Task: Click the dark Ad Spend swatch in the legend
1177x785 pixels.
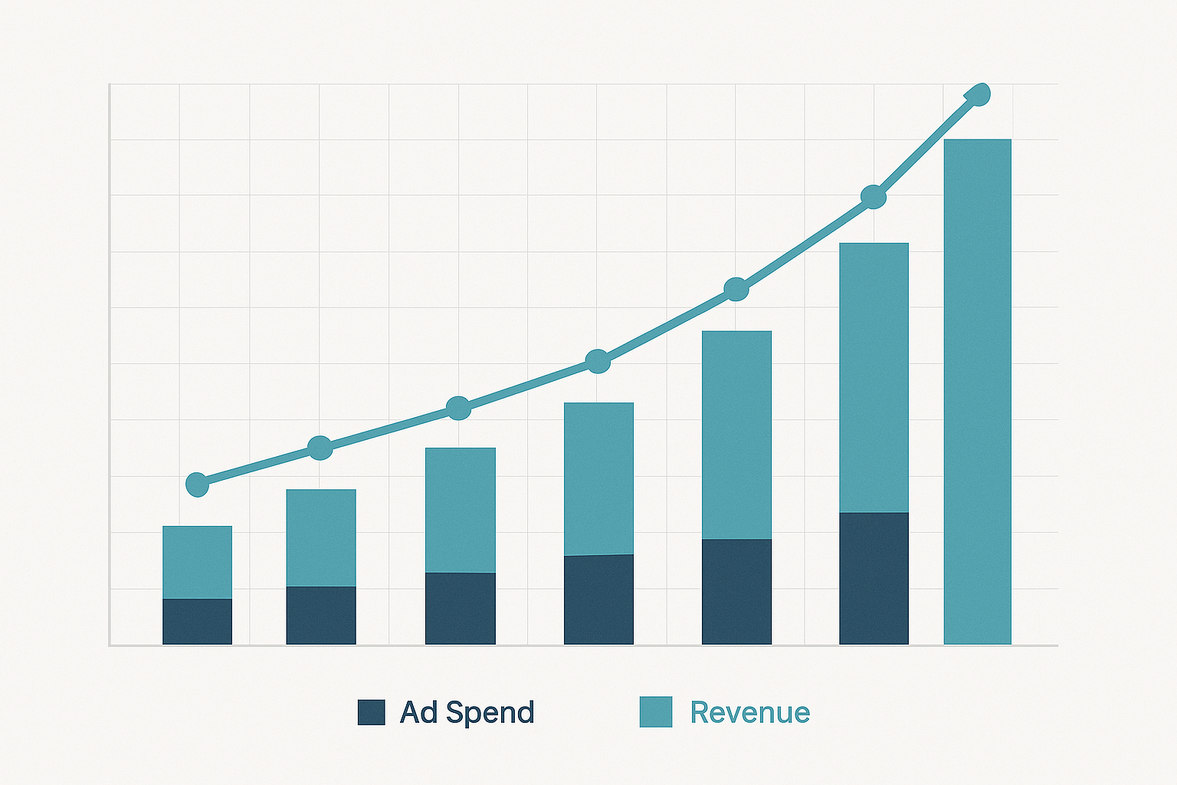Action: point(371,712)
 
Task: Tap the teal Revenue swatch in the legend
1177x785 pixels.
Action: point(656,711)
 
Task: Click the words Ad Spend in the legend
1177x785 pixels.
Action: point(467,712)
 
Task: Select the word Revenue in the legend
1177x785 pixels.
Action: point(749,712)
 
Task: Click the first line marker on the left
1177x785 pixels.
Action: point(197,484)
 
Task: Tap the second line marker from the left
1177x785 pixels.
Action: point(320,448)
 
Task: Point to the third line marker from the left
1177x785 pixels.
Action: point(458,408)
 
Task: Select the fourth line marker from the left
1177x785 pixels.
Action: point(598,361)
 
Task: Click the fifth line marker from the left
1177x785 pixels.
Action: point(736,289)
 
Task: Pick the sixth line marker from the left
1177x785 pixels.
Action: point(874,197)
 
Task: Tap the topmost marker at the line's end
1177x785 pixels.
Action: point(979,95)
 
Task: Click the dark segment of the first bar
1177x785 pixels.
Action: point(197,621)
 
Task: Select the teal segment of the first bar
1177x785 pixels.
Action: point(197,562)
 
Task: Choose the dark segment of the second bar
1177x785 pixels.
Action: point(320,615)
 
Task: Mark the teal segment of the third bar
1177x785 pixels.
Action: point(460,510)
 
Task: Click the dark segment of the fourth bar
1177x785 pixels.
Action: point(598,599)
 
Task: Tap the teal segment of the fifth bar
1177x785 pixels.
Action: point(736,435)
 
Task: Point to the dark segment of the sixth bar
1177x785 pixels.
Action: point(874,578)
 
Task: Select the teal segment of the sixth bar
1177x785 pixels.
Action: point(874,377)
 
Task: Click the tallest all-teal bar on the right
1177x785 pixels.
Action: point(977,391)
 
